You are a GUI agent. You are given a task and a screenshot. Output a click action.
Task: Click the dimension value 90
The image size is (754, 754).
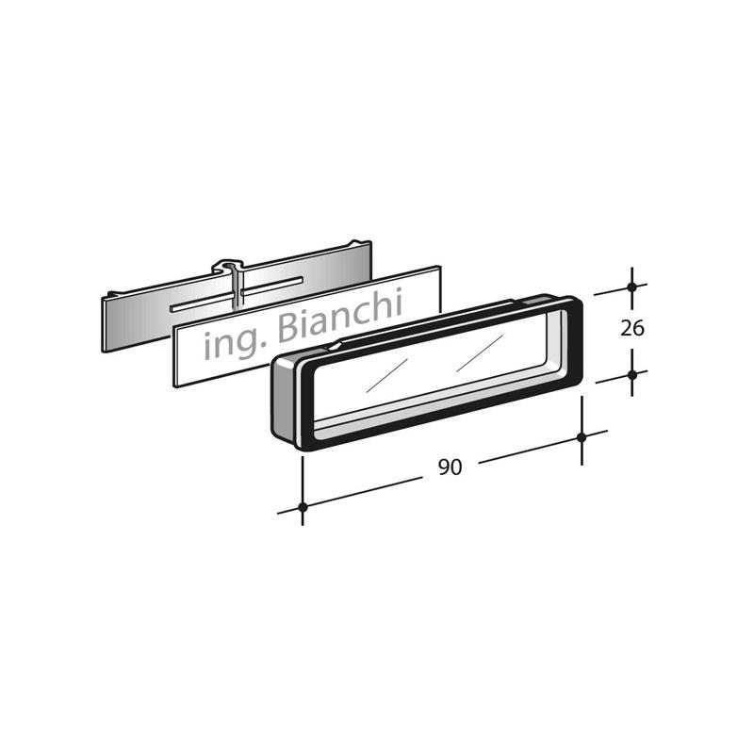click(451, 467)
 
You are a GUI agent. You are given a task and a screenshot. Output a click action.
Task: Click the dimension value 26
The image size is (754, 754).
click(631, 328)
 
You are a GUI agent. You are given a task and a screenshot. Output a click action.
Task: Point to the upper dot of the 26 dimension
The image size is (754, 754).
click(631, 287)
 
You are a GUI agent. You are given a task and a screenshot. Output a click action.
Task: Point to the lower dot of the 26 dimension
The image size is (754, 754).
click(631, 374)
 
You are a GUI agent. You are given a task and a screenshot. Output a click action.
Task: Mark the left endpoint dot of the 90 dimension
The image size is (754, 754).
click(303, 507)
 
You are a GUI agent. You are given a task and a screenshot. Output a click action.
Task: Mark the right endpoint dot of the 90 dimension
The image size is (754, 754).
click(582, 437)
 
